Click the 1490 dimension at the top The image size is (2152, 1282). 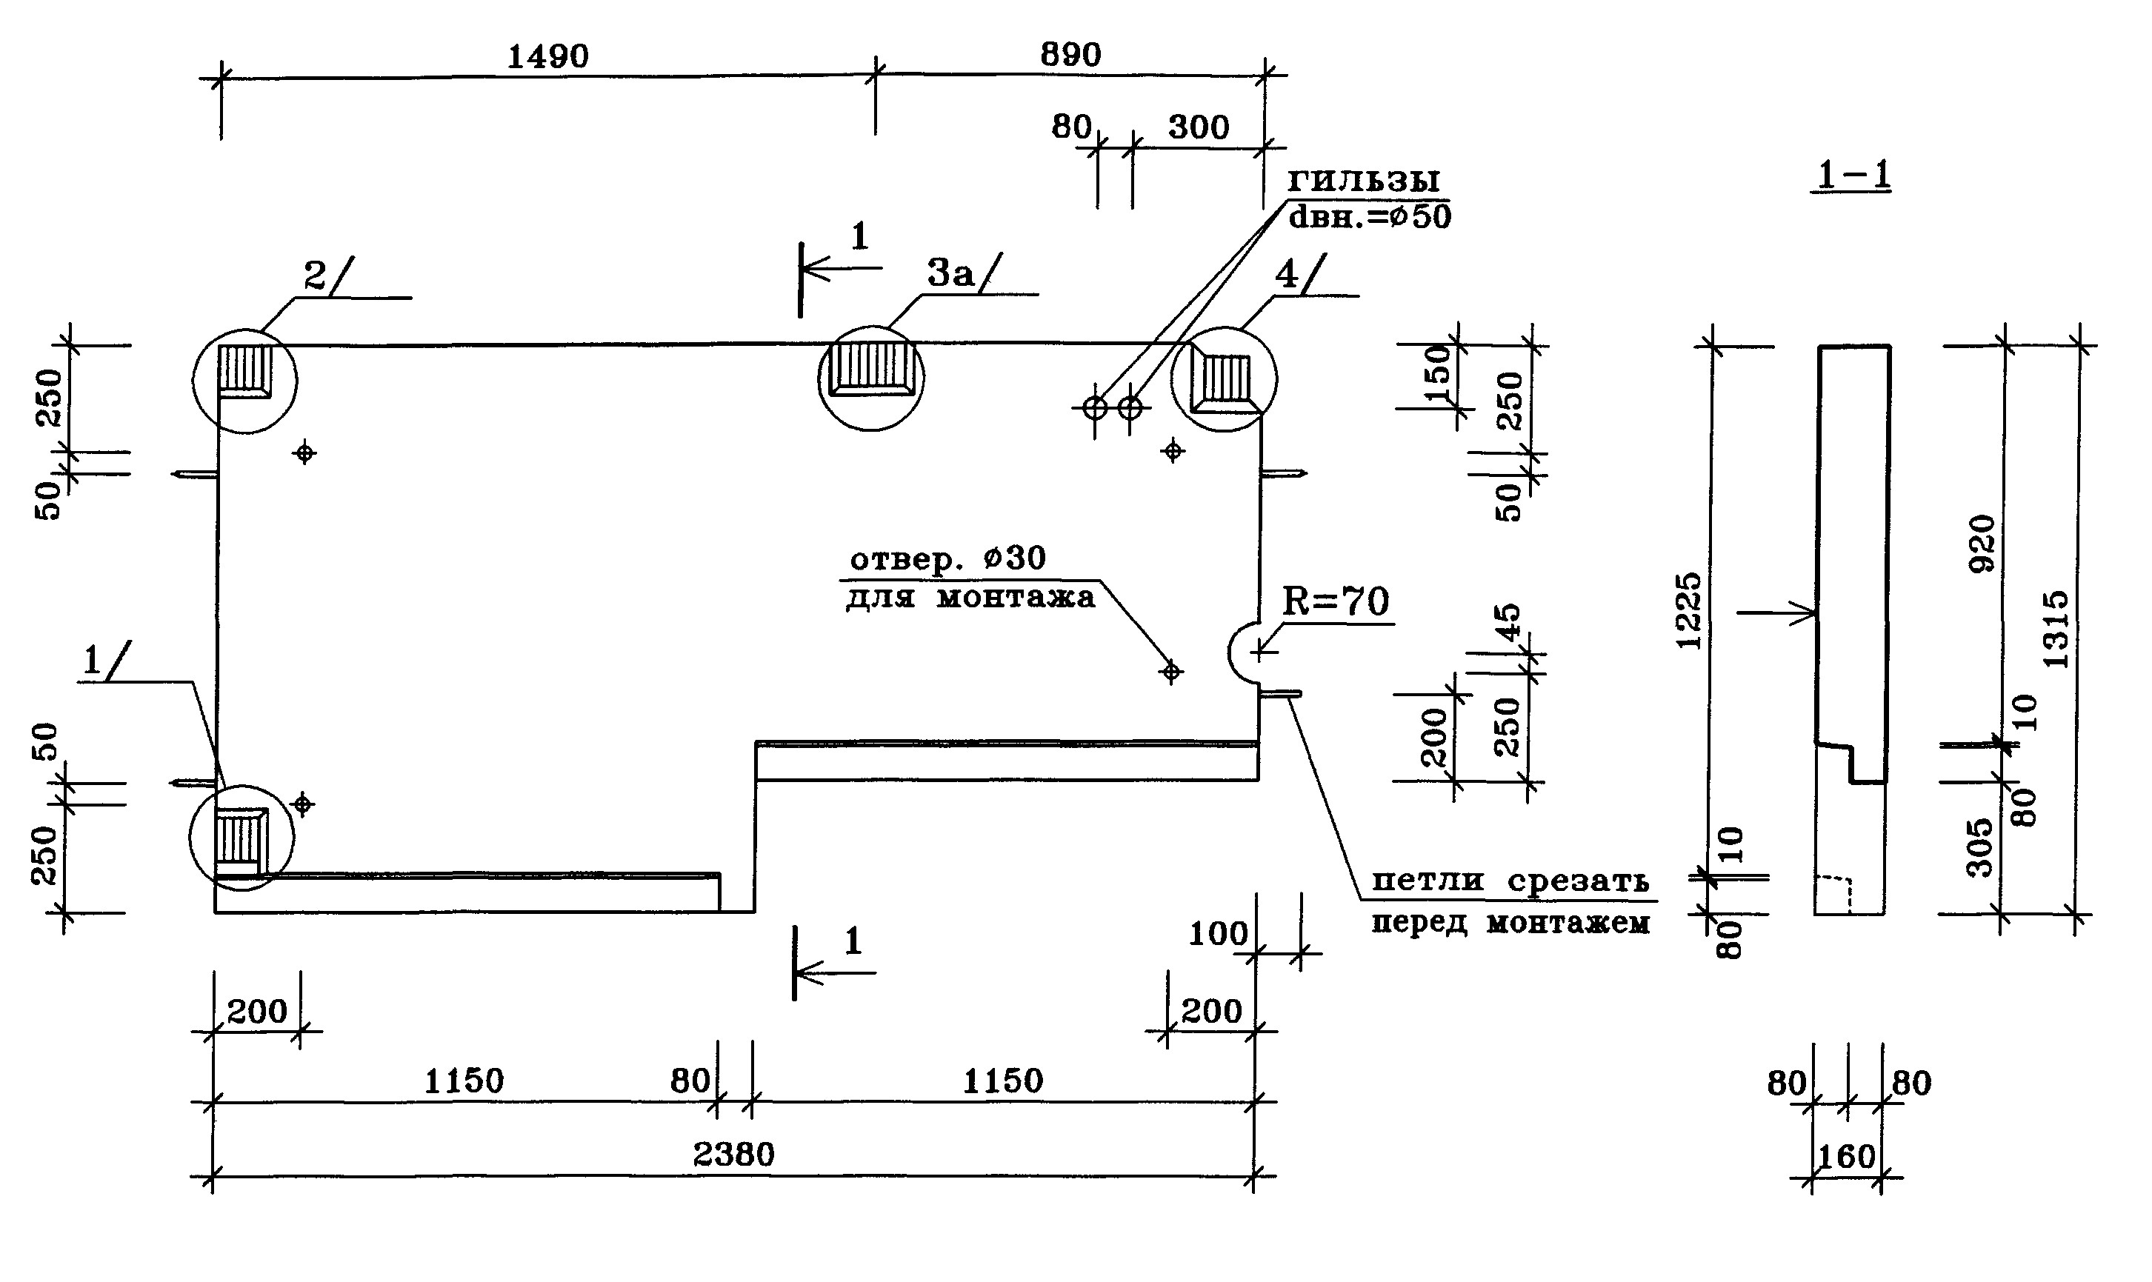coord(547,57)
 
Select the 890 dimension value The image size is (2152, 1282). coord(1070,56)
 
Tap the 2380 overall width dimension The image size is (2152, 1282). coord(733,1154)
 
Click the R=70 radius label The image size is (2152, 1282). coord(1335,601)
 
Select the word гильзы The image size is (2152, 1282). coord(1363,180)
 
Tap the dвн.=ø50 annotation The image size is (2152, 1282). coord(1369,217)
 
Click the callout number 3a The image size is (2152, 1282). coord(951,274)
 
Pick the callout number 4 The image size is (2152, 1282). coord(1286,275)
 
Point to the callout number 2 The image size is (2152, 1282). coord(314,276)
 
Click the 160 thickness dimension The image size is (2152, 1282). coord(1846,1157)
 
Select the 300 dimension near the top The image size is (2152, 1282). coord(1199,128)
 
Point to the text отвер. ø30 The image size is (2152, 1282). coord(947,559)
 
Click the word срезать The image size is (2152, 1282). coord(1579,882)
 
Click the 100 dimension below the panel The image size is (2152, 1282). coord(1218,934)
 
